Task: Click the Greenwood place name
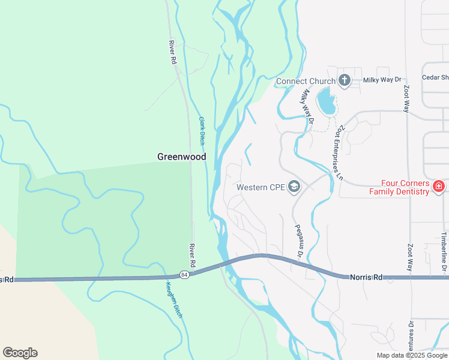click(181, 157)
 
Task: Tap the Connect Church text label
click(306, 81)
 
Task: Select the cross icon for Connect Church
click(345, 80)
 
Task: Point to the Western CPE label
click(261, 187)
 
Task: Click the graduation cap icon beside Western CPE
click(294, 187)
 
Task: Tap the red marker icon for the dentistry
click(439, 187)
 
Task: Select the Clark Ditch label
click(202, 131)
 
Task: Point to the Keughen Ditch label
click(174, 299)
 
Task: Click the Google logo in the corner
click(20, 353)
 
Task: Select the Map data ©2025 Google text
click(411, 355)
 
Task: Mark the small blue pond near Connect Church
click(326, 101)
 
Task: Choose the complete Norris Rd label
click(366, 277)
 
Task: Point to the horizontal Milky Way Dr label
click(382, 80)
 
